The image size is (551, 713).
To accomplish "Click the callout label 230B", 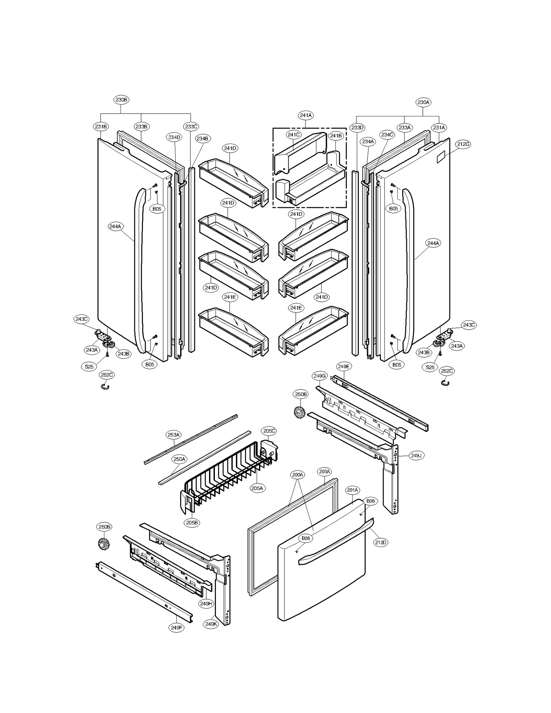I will point(121,100).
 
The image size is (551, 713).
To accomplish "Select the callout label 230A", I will point(423,102).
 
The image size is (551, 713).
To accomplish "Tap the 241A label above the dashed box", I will point(305,115).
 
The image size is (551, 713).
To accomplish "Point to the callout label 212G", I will point(463,144).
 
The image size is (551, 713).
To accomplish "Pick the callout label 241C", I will point(293,135).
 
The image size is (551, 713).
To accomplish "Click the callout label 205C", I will point(269,431).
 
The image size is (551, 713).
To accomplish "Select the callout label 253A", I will point(173,435).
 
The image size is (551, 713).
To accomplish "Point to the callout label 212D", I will point(381,543).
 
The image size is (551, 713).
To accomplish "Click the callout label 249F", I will point(177,628).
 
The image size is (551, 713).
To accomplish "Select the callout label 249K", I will point(211,624).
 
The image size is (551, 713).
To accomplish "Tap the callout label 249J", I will point(416,455).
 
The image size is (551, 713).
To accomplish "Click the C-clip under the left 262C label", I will point(105,387).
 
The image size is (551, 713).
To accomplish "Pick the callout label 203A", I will point(324,472).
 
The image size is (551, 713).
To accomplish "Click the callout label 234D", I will point(174,137).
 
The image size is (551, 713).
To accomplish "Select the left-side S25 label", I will point(89,367).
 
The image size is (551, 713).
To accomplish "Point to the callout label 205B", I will point(192,523).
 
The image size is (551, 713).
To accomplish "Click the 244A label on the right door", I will point(433,243).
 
